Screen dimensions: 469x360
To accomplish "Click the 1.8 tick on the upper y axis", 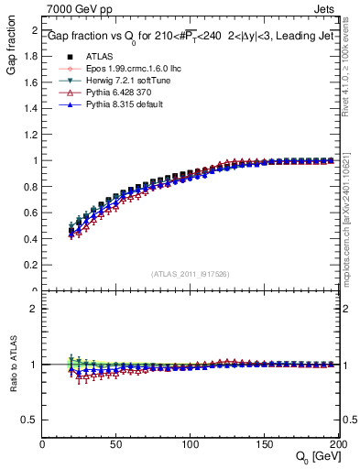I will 30,56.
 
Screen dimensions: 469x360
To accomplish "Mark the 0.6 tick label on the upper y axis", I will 30,213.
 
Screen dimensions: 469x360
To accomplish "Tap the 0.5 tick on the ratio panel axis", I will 30,420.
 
